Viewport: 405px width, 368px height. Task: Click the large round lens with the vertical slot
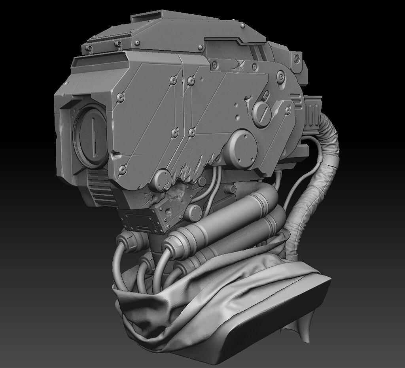[92, 136]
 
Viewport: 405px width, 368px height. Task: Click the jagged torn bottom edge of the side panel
[186, 174]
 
